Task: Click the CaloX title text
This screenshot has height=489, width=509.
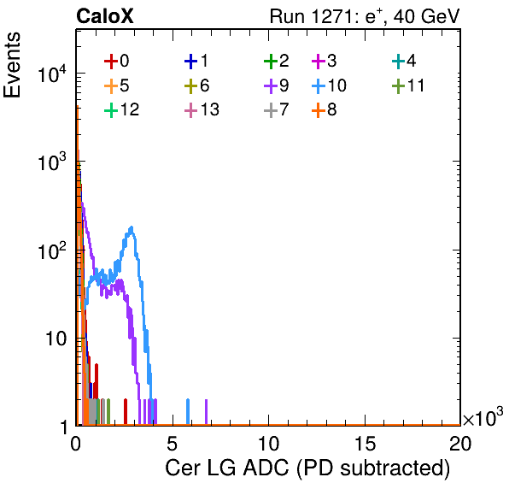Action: [104, 16]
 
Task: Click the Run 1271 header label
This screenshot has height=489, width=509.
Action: [365, 16]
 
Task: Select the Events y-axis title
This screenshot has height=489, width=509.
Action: [12, 65]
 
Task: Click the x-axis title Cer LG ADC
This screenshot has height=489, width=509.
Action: [307, 468]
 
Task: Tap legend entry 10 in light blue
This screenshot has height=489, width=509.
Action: [329, 85]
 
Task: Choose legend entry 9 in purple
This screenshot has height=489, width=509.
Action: [277, 85]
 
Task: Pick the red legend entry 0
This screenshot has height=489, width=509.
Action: [116, 61]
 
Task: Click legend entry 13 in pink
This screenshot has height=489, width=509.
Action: [202, 109]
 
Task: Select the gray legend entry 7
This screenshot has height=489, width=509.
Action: [277, 109]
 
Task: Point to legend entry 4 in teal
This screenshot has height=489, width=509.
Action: [404, 61]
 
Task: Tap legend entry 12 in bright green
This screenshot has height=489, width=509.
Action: [122, 109]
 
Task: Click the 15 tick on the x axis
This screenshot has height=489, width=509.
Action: [365, 444]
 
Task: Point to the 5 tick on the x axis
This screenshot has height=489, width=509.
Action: [172, 444]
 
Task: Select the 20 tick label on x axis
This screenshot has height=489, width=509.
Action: [460, 444]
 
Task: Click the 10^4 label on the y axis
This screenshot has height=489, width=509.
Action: [52, 74]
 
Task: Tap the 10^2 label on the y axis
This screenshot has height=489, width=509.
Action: [52, 250]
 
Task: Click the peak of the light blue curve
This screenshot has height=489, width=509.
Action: [132, 227]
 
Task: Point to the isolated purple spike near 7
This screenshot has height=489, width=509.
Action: [206, 412]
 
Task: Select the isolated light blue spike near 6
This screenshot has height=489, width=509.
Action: [188, 412]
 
